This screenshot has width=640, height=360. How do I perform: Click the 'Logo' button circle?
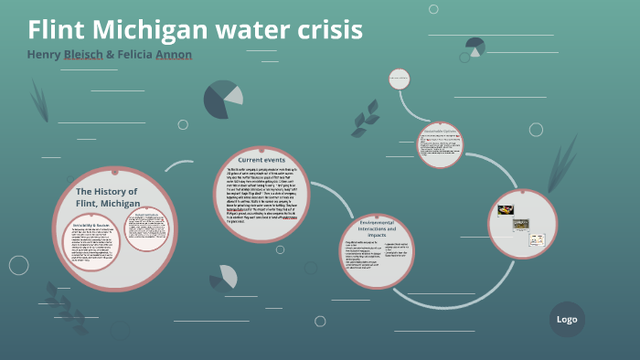coord(567,319)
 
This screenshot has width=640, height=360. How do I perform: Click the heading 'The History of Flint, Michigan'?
coord(107,196)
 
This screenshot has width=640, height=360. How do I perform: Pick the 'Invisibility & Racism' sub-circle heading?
coord(91,224)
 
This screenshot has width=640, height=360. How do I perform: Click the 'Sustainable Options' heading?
coord(440,131)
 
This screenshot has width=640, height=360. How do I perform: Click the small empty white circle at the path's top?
coord(399,79)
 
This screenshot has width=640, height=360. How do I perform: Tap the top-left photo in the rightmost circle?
coord(506,210)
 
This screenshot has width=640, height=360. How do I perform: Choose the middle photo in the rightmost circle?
coord(520,224)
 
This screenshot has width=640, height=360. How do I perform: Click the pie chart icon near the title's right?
coord(475,47)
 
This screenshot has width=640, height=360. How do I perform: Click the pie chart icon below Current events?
coord(223,277)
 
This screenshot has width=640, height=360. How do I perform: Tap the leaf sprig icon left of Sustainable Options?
coord(366,117)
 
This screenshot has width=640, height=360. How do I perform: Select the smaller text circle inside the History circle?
coord(146,228)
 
